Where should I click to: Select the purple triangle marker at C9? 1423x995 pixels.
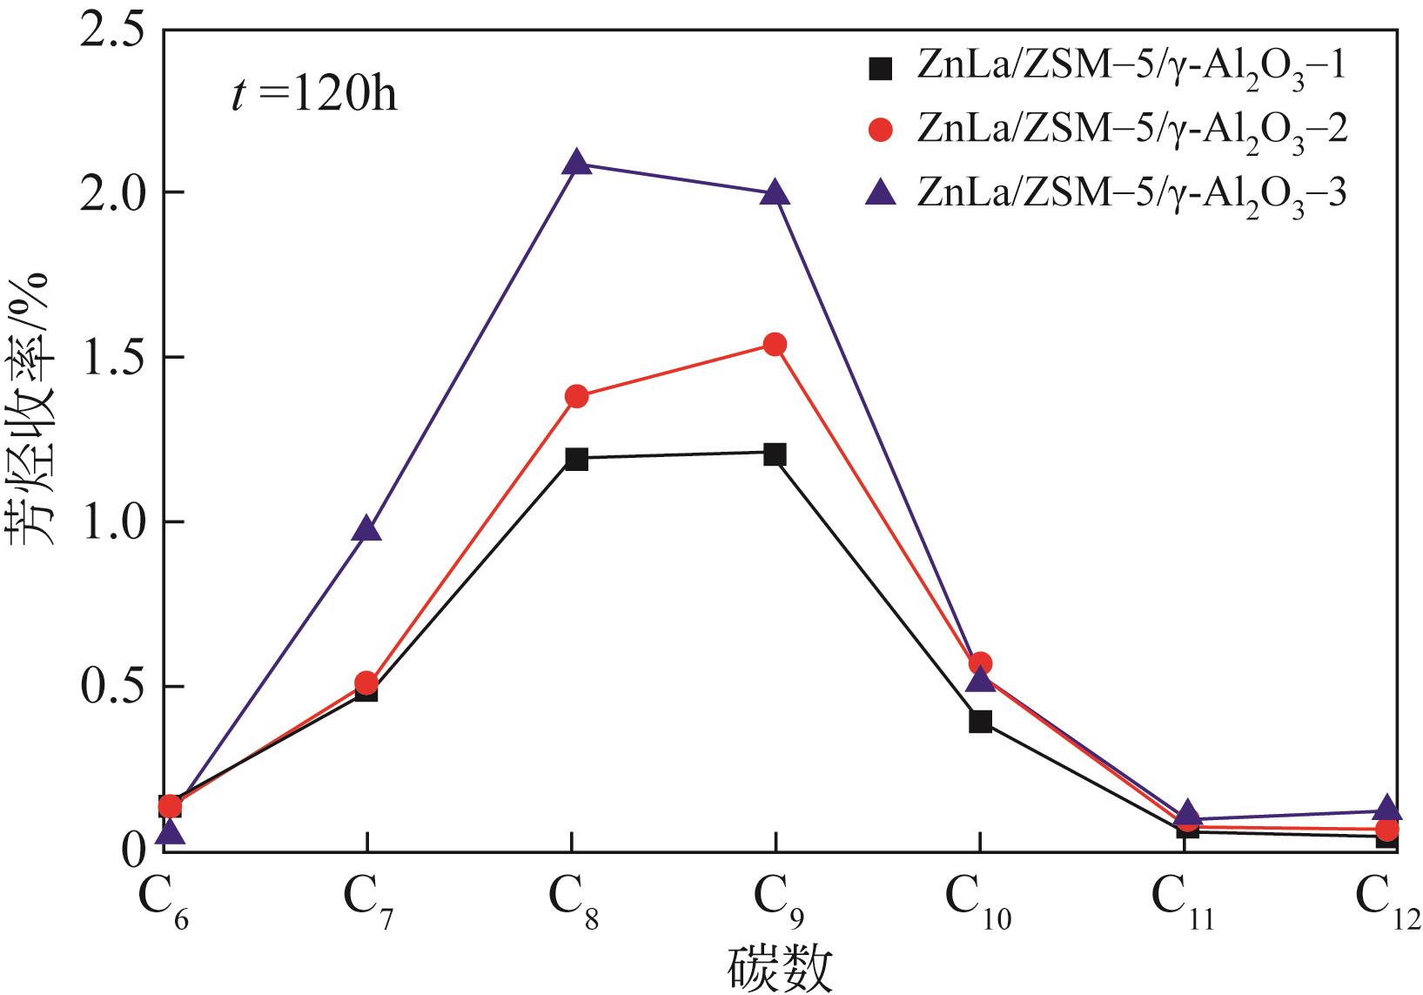[775, 193]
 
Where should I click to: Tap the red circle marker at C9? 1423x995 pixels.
[775, 345]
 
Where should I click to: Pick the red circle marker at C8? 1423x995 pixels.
[576, 397]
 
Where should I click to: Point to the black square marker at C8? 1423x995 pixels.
[576, 459]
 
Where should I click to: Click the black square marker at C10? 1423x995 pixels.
[980, 721]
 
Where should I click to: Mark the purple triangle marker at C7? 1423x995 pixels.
[367, 528]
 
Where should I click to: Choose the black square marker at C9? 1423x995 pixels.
[775, 454]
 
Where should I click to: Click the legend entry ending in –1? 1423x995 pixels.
[1105, 69]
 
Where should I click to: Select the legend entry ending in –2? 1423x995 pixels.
[1105, 131]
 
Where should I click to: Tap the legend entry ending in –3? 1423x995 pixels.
[1105, 193]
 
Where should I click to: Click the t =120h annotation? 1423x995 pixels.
[313, 94]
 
